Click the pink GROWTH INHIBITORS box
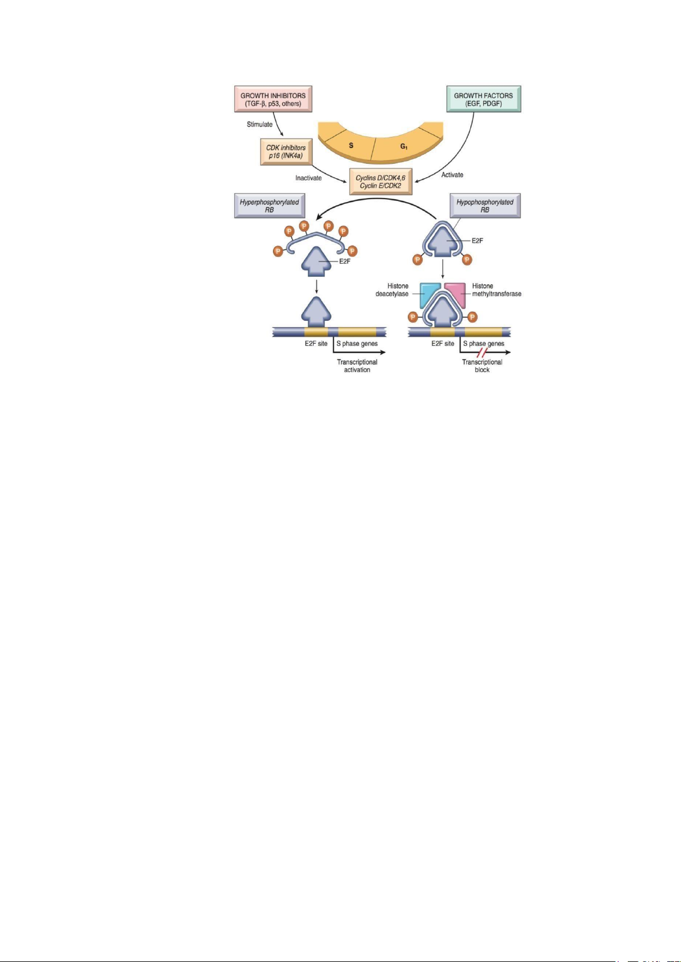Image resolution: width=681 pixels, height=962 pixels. tap(273, 99)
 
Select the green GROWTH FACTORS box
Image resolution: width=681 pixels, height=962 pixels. tap(483, 99)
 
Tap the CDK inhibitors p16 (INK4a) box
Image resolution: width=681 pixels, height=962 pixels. tap(286, 151)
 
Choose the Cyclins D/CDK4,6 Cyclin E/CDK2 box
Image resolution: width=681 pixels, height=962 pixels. tap(380, 182)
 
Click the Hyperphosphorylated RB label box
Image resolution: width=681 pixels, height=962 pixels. tap(269, 206)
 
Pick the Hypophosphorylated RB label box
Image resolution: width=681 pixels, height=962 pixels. tap(485, 206)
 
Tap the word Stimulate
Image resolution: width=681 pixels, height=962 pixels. tap(259, 124)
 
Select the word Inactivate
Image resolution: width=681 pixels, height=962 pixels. tap(309, 178)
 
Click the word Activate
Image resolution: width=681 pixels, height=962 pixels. tap(452, 175)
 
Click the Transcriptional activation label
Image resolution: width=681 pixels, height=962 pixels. tap(357, 366)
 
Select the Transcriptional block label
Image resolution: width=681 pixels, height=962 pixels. tap(482, 366)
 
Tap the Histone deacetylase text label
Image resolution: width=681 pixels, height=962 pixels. tap(392, 290)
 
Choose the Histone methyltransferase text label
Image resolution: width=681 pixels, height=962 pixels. tap(496, 290)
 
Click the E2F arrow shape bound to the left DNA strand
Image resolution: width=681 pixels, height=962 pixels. tap(316, 312)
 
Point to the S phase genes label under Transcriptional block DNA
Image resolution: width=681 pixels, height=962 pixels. tap(483, 344)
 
